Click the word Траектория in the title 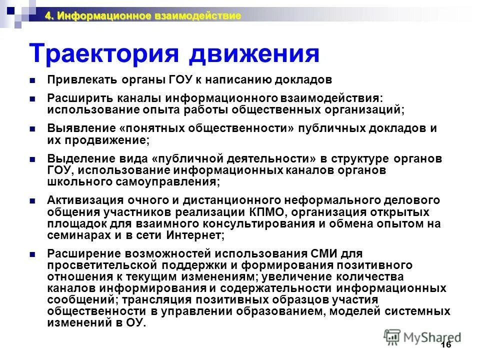coord(103,53)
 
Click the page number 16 coord(446,346)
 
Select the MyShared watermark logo coord(422,336)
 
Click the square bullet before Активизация coord(32,201)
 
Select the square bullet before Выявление coord(32,128)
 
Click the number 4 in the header coord(48,16)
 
